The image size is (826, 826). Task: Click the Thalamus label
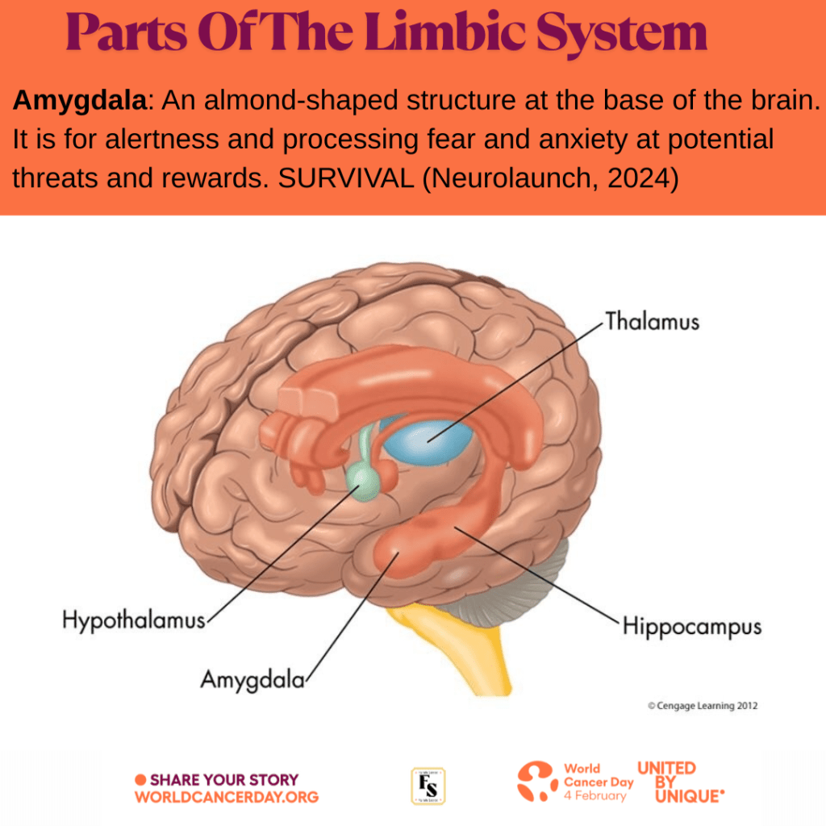(x=653, y=322)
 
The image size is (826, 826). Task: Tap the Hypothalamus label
(x=134, y=621)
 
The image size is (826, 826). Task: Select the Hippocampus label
(x=692, y=627)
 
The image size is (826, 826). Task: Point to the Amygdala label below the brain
(x=252, y=679)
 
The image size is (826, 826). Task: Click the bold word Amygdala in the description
(x=81, y=102)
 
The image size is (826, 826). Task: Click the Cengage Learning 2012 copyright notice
(x=703, y=706)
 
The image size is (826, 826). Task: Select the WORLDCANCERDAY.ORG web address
(x=227, y=797)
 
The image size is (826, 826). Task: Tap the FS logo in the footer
(x=429, y=786)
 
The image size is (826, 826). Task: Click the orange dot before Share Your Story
(x=140, y=780)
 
